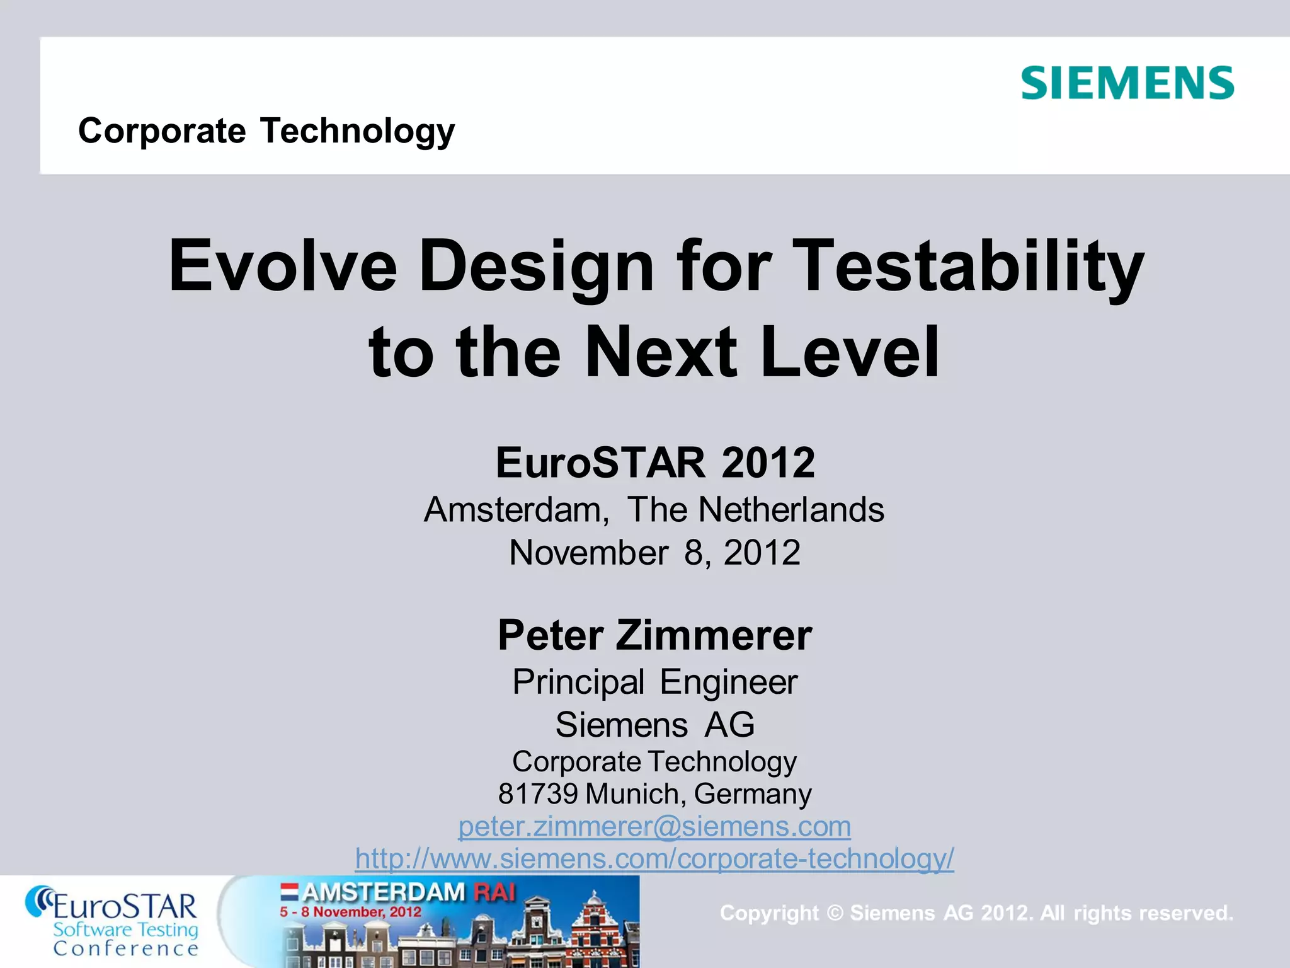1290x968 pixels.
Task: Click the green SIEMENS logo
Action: pyautogui.click(x=1127, y=83)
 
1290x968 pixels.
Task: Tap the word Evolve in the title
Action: pyautogui.click(x=283, y=266)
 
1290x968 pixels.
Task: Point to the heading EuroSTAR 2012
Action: pyautogui.click(x=655, y=463)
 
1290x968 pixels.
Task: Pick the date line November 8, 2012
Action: pyautogui.click(x=654, y=553)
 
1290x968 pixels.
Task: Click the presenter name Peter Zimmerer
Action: pyautogui.click(x=654, y=635)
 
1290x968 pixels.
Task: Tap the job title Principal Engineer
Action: pyautogui.click(x=654, y=682)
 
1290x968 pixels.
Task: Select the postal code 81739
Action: pyautogui.click(x=537, y=794)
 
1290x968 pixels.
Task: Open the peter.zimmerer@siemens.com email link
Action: pyautogui.click(x=654, y=826)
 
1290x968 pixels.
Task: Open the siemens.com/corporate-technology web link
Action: pyautogui.click(x=654, y=858)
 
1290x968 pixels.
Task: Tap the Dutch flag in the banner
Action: pyautogui.click(x=289, y=891)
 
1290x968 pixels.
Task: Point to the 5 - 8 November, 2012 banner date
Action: pyautogui.click(x=350, y=912)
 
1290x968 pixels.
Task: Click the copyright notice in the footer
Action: pyautogui.click(x=976, y=913)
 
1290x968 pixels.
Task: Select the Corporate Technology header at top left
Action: pyautogui.click(x=266, y=131)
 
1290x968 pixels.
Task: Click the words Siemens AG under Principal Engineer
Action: pyautogui.click(x=654, y=725)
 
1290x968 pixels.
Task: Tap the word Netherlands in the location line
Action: pyautogui.click(x=791, y=509)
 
